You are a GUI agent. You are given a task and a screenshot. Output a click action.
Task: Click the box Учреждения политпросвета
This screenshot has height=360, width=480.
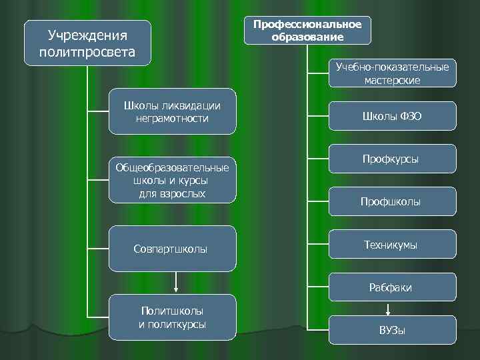click(x=87, y=43)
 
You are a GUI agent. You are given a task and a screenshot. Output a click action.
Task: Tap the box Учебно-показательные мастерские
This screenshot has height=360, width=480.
click(x=393, y=73)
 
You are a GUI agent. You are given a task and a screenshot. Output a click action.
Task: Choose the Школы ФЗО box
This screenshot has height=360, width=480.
click(x=393, y=116)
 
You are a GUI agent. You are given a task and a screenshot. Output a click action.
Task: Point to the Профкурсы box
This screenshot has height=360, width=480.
click(x=393, y=159)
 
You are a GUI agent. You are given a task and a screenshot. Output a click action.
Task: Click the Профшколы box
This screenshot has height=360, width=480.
click(x=393, y=201)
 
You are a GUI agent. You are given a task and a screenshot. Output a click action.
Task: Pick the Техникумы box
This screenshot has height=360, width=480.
click(x=393, y=245)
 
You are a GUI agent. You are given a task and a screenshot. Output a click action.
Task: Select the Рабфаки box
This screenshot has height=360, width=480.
click(x=393, y=287)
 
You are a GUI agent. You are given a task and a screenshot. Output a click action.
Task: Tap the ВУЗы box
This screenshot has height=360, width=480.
click(x=393, y=330)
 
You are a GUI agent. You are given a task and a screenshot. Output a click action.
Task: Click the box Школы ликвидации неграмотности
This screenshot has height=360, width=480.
click(x=172, y=112)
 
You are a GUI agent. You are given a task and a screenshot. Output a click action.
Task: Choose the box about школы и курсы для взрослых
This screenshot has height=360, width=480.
click(x=172, y=181)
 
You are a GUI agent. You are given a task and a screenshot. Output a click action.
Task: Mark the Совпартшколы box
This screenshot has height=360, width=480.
click(x=172, y=249)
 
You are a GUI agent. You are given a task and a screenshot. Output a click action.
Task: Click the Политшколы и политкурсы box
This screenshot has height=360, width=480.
click(x=172, y=317)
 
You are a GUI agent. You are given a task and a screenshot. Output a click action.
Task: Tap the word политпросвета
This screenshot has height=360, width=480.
click(x=87, y=51)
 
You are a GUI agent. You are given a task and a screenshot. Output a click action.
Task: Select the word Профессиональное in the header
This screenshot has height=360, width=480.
click(x=307, y=25)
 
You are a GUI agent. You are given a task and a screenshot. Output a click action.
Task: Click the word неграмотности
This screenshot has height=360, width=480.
click(x=172, y=119)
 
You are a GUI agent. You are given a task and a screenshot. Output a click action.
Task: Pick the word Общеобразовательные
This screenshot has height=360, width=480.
click(x=172, y=167)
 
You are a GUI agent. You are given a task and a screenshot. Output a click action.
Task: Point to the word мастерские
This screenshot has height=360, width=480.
click(x=393, y=80)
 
